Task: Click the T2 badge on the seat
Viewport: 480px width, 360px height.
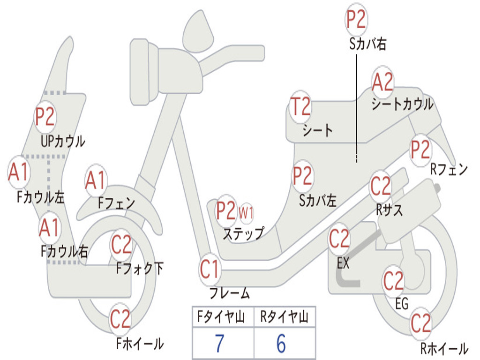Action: click(300, 107)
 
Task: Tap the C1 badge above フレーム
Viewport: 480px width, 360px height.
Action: click(210, 270)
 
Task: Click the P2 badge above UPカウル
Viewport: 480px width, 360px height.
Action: click(45, 117)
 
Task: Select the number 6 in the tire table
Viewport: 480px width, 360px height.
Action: click(281, 344)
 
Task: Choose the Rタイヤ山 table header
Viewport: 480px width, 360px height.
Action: click(284, 318)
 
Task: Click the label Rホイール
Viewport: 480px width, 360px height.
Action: click(443, 349)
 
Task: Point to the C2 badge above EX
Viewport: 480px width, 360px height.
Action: click(339, 239)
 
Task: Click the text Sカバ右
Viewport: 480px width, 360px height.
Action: click(367, 44)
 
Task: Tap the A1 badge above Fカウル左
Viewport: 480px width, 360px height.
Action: click(19, 172)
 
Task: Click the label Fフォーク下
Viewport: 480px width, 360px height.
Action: click(140, 269)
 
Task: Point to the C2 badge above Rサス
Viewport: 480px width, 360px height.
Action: click(380, 187)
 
